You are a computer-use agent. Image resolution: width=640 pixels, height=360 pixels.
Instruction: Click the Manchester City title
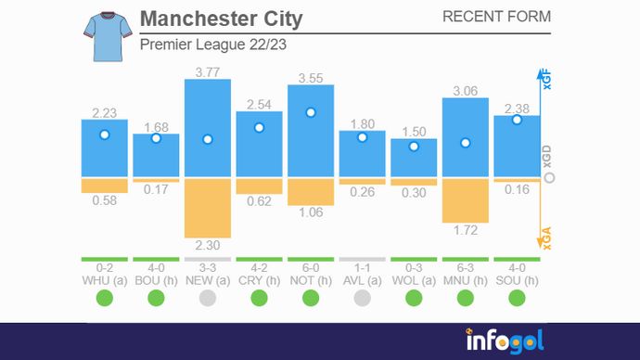tap(221, 19)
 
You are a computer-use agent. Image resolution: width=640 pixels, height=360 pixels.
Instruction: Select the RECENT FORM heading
tap(496, 17)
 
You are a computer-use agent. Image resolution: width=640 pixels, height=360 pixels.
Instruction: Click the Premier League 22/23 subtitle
tap(206, 45)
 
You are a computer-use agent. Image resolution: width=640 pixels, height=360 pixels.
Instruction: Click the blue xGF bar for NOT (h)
tap(311, 139)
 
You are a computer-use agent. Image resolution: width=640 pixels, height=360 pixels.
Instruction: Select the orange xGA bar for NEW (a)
tap(208, 209)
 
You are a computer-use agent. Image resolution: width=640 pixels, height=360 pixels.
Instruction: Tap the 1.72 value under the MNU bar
tap(466, 229)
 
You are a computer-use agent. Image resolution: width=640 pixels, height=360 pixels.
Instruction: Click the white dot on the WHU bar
tap(105, 135)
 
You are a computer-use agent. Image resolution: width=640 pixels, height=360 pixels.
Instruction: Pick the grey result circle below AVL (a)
tap(362, 298)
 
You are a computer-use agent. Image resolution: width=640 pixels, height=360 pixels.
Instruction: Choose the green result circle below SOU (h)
tap(517, 298)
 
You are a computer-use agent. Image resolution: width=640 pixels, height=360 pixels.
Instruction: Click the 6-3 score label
tap(466, 266)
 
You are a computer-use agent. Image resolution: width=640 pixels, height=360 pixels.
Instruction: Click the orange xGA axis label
tap(547, 239)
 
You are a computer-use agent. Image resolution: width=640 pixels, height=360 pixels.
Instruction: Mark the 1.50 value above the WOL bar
tap(414, 131)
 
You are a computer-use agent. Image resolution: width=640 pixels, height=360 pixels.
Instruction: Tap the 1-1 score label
tap(362, 266)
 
